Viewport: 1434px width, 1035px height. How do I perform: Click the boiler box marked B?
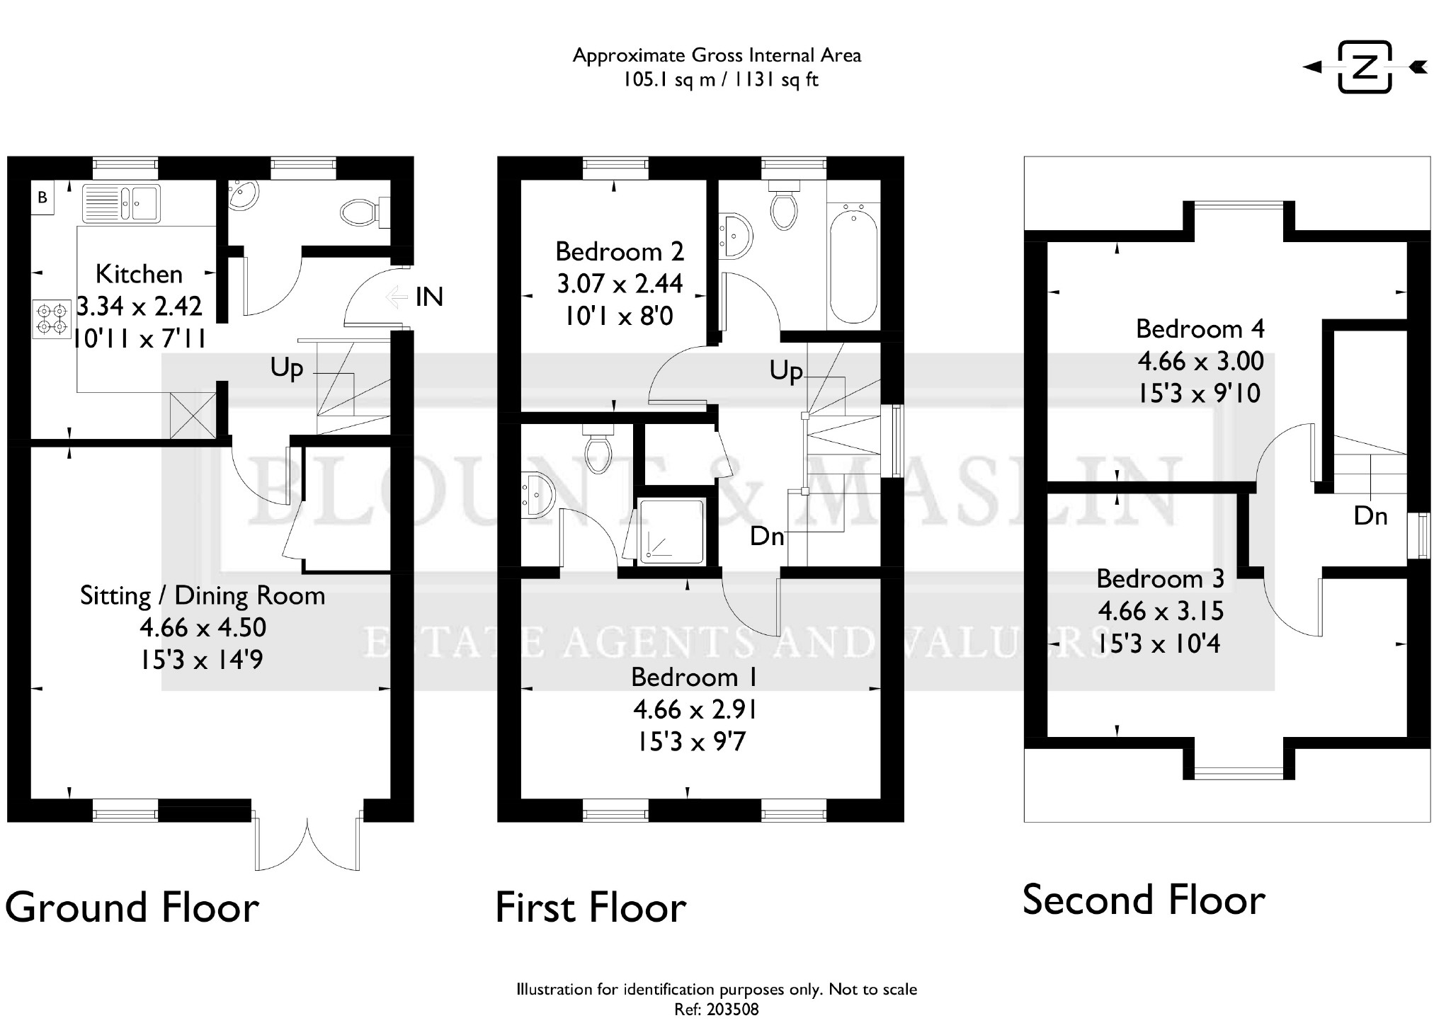pyautogui.click(x=42, y=198)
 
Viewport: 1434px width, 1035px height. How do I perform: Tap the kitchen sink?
pyautogui.click(x=122, y=202)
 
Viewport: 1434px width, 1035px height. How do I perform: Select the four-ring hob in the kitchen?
pyautogui.click(x=52, y=318)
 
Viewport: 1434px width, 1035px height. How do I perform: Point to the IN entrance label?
pyautogui.click(x=429, y=297)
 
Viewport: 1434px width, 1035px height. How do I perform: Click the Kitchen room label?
pyautogui.click(x=139, y=274)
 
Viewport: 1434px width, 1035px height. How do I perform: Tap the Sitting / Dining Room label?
pyautogui.click(x=203, y=595)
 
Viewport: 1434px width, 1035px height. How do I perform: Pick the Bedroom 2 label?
pyautogui.click(x=620, y=251)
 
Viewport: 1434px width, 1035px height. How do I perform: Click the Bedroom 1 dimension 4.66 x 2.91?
pyautogui.click(x=694, y=709)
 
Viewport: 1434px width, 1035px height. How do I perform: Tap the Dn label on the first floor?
pyautogui.click(x=768, y=537)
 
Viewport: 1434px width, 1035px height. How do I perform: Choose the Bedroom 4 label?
pyautogui.click(x=1200, y=328)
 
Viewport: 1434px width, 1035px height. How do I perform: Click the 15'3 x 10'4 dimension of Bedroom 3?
pyautogui.click(x=1159, y=644)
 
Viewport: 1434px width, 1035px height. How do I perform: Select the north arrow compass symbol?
pyautogui.click(x=1365, y=67)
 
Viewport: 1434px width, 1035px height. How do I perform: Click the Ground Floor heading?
pyautogui.click(x=132, y=908)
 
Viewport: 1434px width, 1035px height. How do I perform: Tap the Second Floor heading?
pyautogui.click(x=1144, y=900)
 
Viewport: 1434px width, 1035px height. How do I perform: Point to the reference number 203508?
pyautogui.click(x=732, y=1010)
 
